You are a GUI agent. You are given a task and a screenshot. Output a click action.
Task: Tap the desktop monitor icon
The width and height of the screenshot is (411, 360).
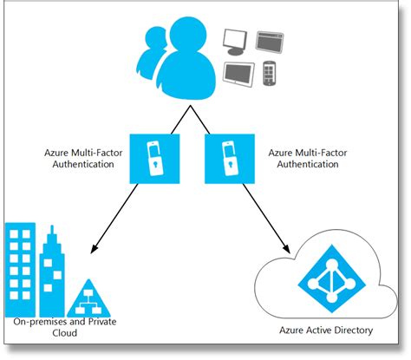pyautogui.click(x=236, y=40)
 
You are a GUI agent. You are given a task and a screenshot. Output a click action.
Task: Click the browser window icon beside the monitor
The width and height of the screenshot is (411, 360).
pyautogui.click(x=271, y=38)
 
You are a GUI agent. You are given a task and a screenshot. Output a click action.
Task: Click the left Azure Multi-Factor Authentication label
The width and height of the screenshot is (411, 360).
pyautogui.click(x=79, y=158)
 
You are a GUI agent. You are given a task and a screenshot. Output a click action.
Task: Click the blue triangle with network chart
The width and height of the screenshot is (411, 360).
pyautogui.click(x=89, y=298)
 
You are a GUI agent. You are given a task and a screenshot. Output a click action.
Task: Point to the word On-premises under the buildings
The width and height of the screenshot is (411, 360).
pyautogui.click(x=40, y=322)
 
